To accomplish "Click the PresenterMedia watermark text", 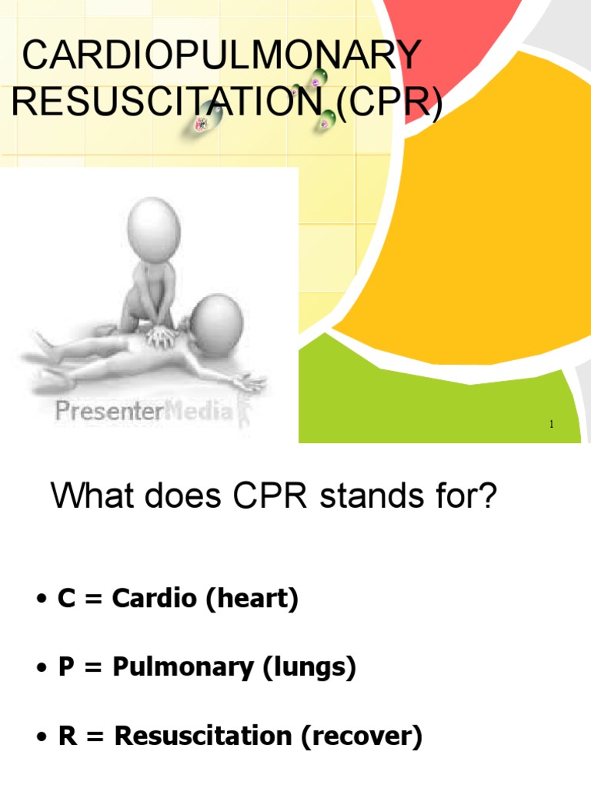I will point(143,412).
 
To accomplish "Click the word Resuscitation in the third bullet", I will point(203,737).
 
